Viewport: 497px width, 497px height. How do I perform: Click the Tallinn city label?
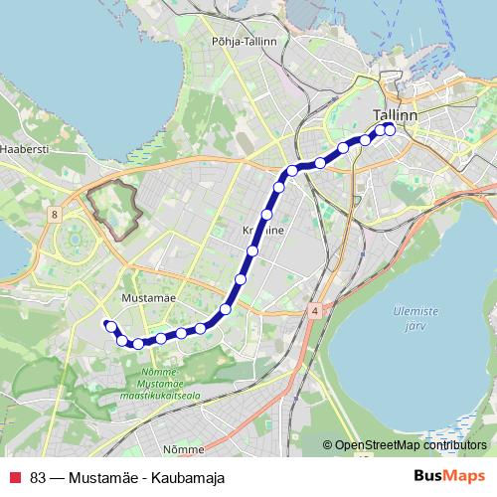(x=394, y=114)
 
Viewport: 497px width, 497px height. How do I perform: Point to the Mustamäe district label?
(x=148, y=296)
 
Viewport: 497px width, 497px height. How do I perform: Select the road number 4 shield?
(x=314, y=310)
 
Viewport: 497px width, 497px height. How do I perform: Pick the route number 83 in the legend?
(x=39, y=477)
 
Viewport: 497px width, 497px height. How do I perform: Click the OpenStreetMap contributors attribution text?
(x=410, y=445)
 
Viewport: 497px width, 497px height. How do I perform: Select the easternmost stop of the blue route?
(x=390, y=128)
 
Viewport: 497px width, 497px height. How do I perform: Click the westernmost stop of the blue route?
(x=109, y=324)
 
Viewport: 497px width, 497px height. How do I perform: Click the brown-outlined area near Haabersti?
(x=114, y=209)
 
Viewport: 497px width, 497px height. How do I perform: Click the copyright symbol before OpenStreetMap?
(x=327, y=445)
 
